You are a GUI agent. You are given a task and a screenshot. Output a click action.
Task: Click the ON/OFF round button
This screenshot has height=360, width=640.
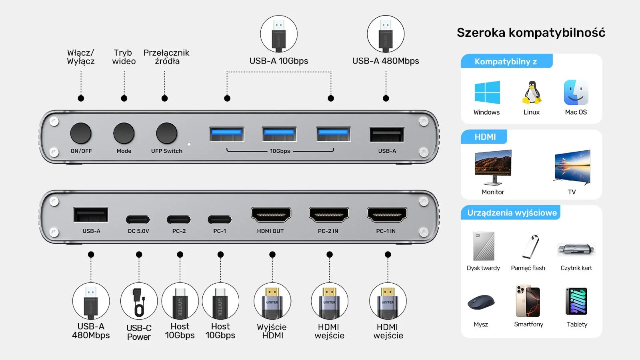click(81, 133)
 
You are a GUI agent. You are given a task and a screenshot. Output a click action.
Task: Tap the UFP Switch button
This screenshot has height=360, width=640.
click(166, 133)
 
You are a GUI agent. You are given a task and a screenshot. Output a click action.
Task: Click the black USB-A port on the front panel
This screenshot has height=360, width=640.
click(387, 135)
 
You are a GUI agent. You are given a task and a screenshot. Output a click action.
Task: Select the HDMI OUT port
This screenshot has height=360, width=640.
click(271, 215)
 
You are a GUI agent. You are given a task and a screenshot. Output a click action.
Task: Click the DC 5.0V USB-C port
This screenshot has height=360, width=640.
click(138, 220)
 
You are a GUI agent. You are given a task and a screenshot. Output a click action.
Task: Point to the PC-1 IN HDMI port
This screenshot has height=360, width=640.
click(387, 215)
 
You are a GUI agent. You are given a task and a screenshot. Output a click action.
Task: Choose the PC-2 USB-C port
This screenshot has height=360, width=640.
click(179, 220)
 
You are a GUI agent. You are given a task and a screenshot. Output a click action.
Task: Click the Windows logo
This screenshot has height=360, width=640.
click(487, 92)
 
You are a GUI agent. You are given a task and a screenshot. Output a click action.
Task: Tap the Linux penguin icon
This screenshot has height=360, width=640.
click(532, 93)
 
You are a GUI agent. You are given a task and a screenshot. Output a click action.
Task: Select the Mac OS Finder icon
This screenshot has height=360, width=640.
click(576, 92)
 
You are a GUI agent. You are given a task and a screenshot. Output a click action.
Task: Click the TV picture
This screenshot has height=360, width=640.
click(572, 166)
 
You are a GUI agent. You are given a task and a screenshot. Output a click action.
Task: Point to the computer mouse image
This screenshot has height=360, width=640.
click(481, 302)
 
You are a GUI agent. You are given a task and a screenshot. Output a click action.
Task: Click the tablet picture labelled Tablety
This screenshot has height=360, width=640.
click(576, 301)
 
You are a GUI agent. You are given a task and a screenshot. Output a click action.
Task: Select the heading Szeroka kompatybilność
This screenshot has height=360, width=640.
click(531, 33)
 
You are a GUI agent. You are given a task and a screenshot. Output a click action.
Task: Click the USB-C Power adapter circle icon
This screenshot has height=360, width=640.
click(139, 301)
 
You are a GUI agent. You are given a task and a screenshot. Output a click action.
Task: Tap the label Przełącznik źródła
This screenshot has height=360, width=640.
click(166, 57)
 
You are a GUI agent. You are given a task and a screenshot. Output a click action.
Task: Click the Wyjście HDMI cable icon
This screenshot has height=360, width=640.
click(272, 301)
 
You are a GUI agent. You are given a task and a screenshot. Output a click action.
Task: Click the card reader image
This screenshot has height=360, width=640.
click(576, 250)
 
